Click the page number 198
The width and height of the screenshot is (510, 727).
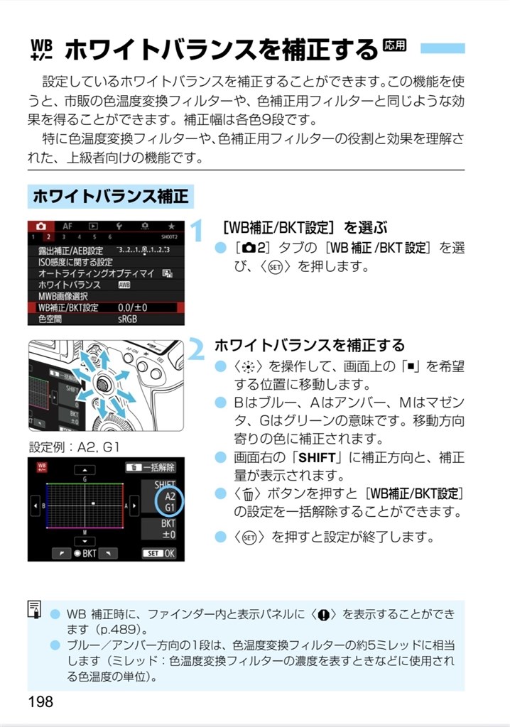pyautogui.click(x=40, y=701)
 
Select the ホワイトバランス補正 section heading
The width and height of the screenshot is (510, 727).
pyautogui.click(x=111, y=196)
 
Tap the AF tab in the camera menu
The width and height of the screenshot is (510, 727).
pyautogui.click(x=67, y=225)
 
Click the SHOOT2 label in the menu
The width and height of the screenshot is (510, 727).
pyautogui.click(x=169, y=236)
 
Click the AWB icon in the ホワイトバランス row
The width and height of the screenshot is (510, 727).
pyautogui.click(x=124, y=285)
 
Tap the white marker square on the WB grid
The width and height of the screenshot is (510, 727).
pyautogui.click(x=94, y=504)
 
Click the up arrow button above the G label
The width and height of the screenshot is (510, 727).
pyautogui.click(x=85, y=469)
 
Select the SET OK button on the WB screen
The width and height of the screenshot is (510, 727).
pyautogui.click(x=162, y=552)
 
